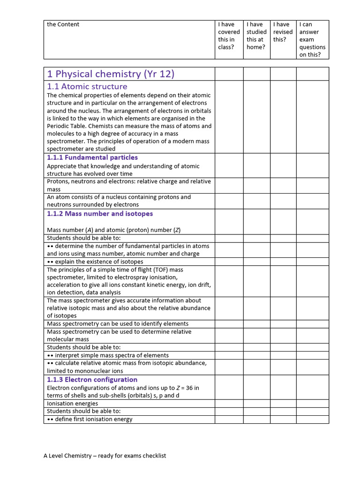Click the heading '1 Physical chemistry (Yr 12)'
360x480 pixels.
(x=110, y=74)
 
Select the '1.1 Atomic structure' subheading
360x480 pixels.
(x=87, y=86)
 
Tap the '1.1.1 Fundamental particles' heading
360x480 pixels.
(x=92, y=157)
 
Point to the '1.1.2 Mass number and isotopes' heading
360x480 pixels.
(x=100, y=214)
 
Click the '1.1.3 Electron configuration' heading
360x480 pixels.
(x=92, y=380)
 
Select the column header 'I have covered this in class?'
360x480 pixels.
(x=229, y=36)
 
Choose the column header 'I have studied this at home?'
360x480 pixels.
(x=256, y=36)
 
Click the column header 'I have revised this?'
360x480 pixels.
(x=283, y=32)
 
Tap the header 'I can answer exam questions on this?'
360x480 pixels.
(x=312, y=39)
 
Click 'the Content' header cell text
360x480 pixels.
(x=63, y=24)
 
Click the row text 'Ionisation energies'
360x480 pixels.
(x=73, y=404)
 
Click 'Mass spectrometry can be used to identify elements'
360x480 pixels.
(x=118, y=323)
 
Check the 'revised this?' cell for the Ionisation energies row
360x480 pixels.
(x=283, y=404)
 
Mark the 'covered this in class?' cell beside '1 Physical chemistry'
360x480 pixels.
(x=229, y=74)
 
